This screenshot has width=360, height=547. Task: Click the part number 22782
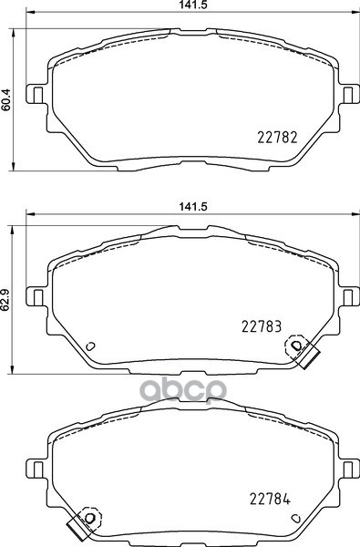(x=277, y=137)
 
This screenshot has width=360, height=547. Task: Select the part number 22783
(x=262, y=326)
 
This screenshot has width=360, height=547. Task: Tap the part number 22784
(x=270, y=500)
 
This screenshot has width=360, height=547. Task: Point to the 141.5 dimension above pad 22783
(x=193, y=207)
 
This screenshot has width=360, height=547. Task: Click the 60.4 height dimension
(x=6, y=99)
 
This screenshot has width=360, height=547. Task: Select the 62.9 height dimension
(x=5, y=299)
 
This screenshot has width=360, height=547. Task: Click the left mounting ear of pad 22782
(x=36, y=94)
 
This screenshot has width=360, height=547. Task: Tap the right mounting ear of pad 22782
(x=349, y=94)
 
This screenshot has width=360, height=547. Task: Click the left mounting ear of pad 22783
(x=36, y=296)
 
